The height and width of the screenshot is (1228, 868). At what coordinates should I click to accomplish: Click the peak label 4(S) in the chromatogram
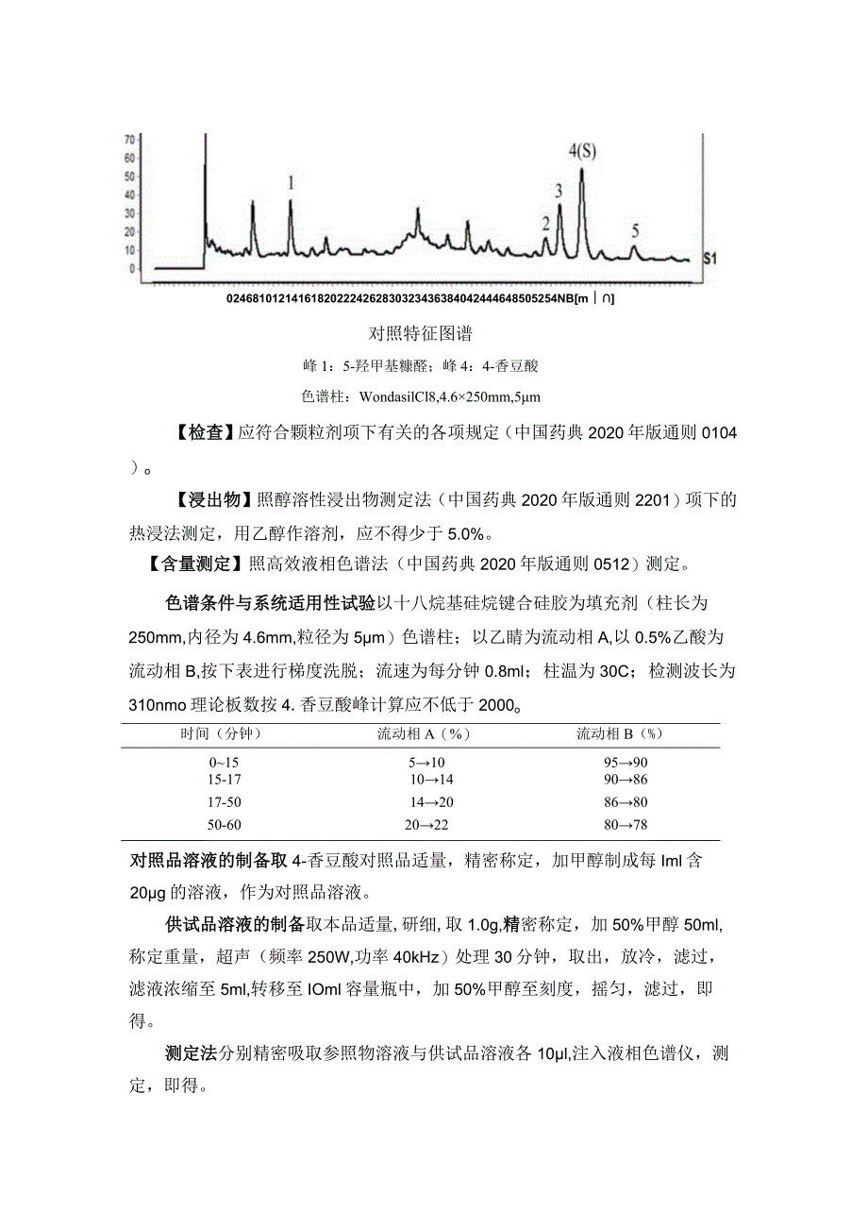pos(582,151)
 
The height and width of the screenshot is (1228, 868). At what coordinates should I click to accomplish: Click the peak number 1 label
pos(292,182)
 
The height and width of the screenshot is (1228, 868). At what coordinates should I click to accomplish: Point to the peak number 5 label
pos(635,230)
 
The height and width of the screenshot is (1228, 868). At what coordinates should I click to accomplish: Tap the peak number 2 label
pos(545,224)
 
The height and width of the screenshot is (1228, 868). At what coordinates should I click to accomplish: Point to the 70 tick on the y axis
pos(129,139)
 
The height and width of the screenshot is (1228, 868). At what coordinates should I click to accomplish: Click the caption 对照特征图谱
pos(420,333)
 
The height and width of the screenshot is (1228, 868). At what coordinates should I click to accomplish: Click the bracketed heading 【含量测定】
pos(189,565)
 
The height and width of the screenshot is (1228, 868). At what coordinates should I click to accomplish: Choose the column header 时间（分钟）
pos(220,732)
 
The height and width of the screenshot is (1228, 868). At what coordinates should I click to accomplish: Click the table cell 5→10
pos(426,762)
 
